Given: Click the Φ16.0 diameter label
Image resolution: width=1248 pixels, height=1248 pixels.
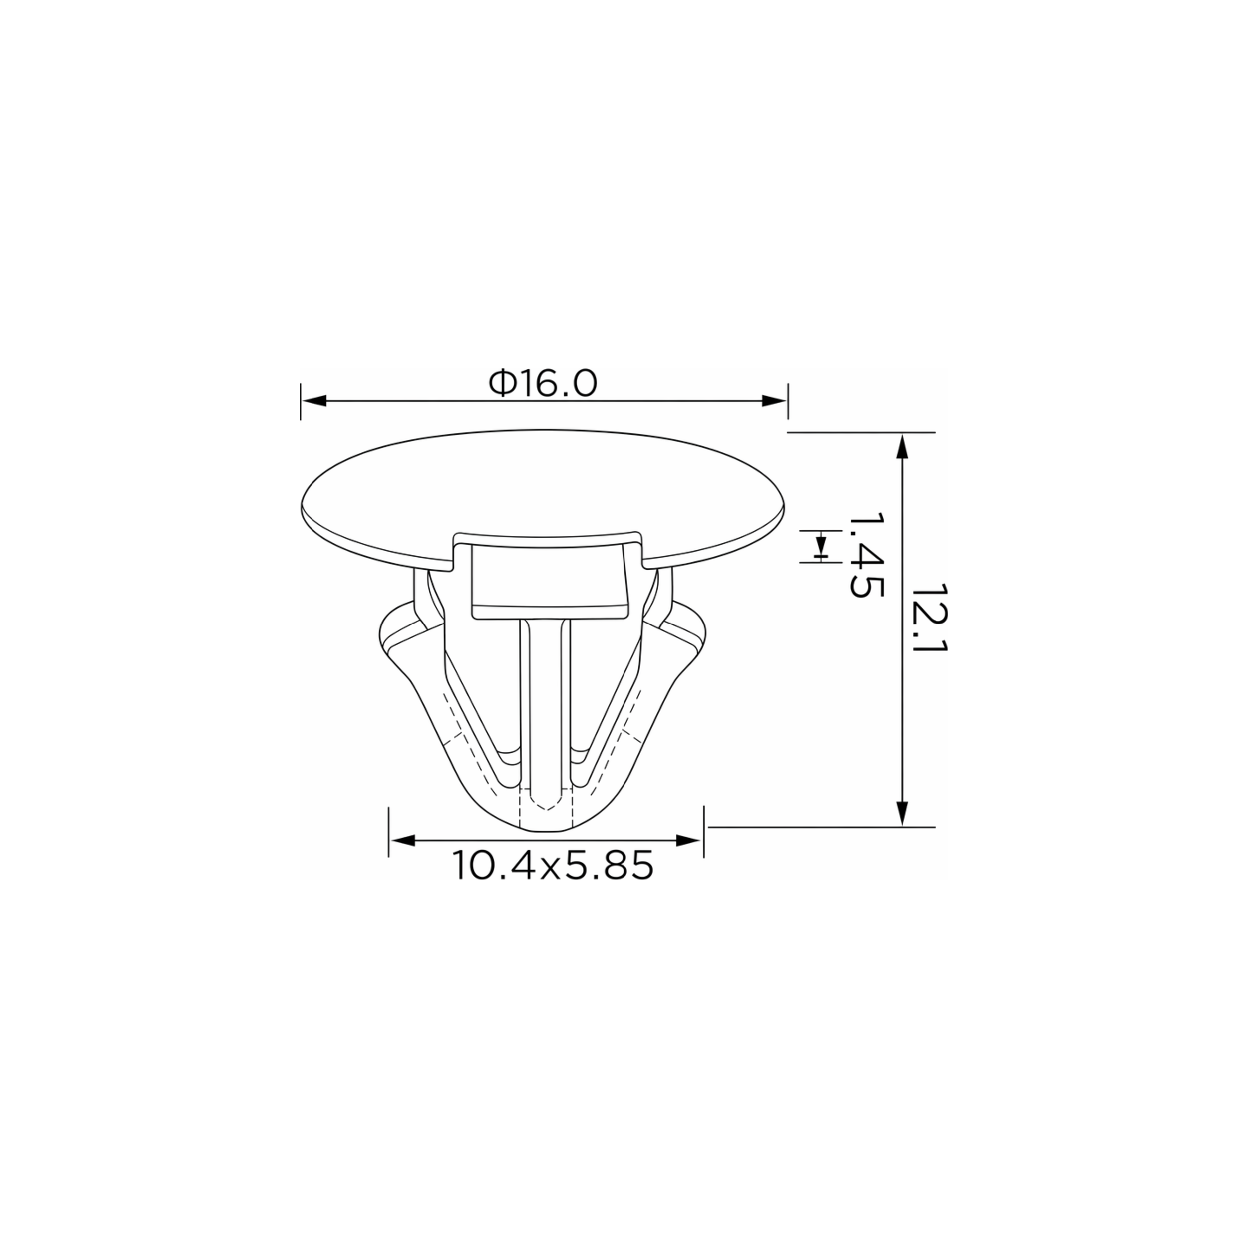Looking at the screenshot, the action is (543, 384).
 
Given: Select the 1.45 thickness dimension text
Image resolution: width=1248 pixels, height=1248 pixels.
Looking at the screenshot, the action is (866, 555).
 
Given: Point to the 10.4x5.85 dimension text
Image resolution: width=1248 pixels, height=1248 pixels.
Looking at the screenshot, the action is (552, 866).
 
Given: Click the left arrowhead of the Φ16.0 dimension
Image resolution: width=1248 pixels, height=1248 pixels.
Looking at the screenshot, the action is (314, 401).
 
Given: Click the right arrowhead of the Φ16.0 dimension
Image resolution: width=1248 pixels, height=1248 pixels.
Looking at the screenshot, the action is (774, 401).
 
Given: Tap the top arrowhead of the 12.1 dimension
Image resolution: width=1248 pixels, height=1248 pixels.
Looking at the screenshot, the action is (903, 446).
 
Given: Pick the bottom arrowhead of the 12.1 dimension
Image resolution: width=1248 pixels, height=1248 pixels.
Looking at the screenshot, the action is (903, 814).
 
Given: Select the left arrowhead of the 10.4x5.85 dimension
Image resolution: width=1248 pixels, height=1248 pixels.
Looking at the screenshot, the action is (402, 840).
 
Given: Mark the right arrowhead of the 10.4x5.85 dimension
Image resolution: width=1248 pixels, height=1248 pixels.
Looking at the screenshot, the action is (688, 840).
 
